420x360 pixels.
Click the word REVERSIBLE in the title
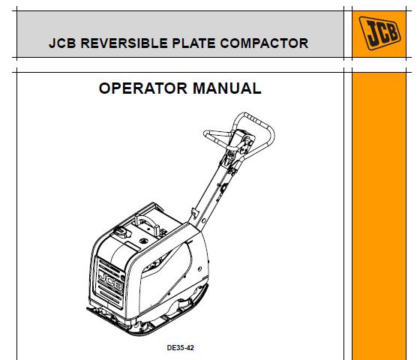124,43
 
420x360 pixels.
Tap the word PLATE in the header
193,43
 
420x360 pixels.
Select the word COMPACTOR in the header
264,43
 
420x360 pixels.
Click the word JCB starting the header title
62,43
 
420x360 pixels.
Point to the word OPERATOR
143,88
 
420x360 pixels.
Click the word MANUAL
226,88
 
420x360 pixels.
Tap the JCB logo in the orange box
379,33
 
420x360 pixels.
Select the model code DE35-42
180,348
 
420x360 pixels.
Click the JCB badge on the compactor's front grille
110,280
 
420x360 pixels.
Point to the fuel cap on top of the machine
121,232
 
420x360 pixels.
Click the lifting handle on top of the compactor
148,224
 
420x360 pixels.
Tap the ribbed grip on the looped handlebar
258,121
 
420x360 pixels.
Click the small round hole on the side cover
199,268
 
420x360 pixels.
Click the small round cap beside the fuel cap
144,241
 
